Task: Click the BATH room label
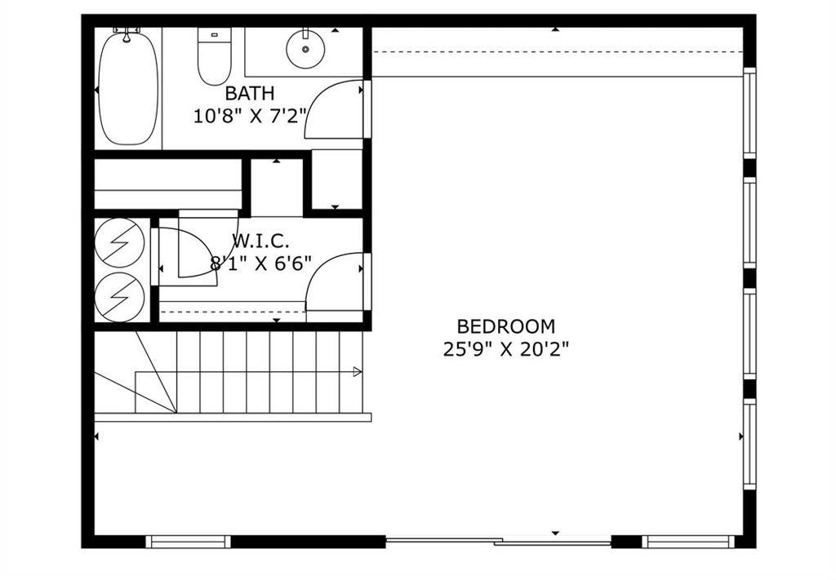(250, 93)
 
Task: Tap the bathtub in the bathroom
(128, 88)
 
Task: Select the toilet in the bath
(215, 56)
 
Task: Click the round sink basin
(305, 50)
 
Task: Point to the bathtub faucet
(127, 33)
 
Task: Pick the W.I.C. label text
(260, 241)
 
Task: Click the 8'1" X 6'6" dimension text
(260, 263)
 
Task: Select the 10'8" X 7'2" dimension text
(251, 116)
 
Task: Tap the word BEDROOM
(506, 326)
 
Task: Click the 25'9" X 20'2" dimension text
(506, 349)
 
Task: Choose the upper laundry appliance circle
(119, 242)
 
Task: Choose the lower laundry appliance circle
(119, 297)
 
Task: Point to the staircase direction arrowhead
(358, 372)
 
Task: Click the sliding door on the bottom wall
(499, 542)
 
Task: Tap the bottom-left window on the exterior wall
(189, 542)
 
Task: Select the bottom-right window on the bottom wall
(687, 542)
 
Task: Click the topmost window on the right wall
(749, 113)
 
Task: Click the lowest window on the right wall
(749, 445)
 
